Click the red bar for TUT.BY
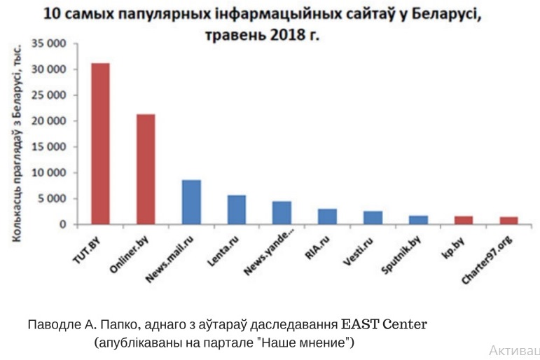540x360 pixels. coord(100,144)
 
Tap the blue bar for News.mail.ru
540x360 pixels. coord(191,202)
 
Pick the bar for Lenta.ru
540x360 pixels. coord(237,209)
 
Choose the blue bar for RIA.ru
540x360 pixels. coord(327,216)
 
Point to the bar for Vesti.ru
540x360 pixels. coord(373,217)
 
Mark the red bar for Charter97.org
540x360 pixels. coord(508,221)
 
